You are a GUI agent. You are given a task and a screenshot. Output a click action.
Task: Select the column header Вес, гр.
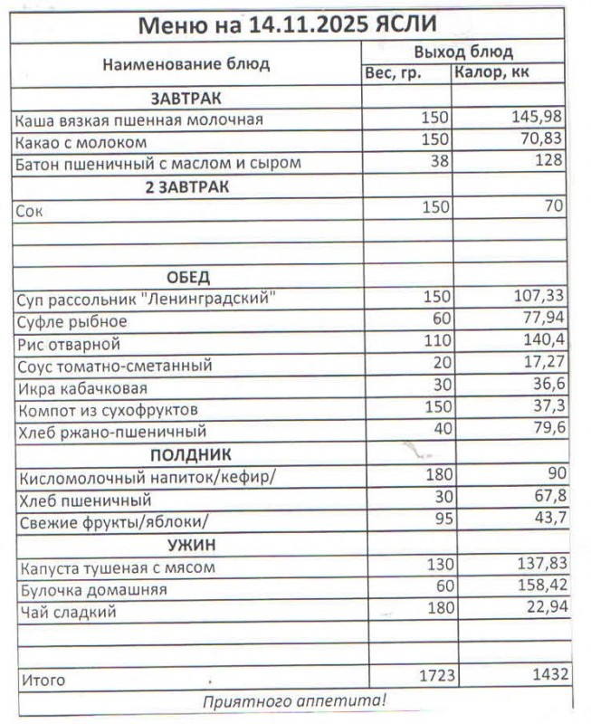(392, 74)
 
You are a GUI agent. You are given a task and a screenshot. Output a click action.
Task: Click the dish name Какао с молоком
(81, 142)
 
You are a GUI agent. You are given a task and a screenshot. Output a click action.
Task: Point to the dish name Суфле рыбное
(72, 321)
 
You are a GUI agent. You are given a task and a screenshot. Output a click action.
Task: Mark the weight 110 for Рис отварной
(436, 342)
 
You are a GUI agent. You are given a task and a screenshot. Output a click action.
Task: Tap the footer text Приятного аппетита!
(294, 700)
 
